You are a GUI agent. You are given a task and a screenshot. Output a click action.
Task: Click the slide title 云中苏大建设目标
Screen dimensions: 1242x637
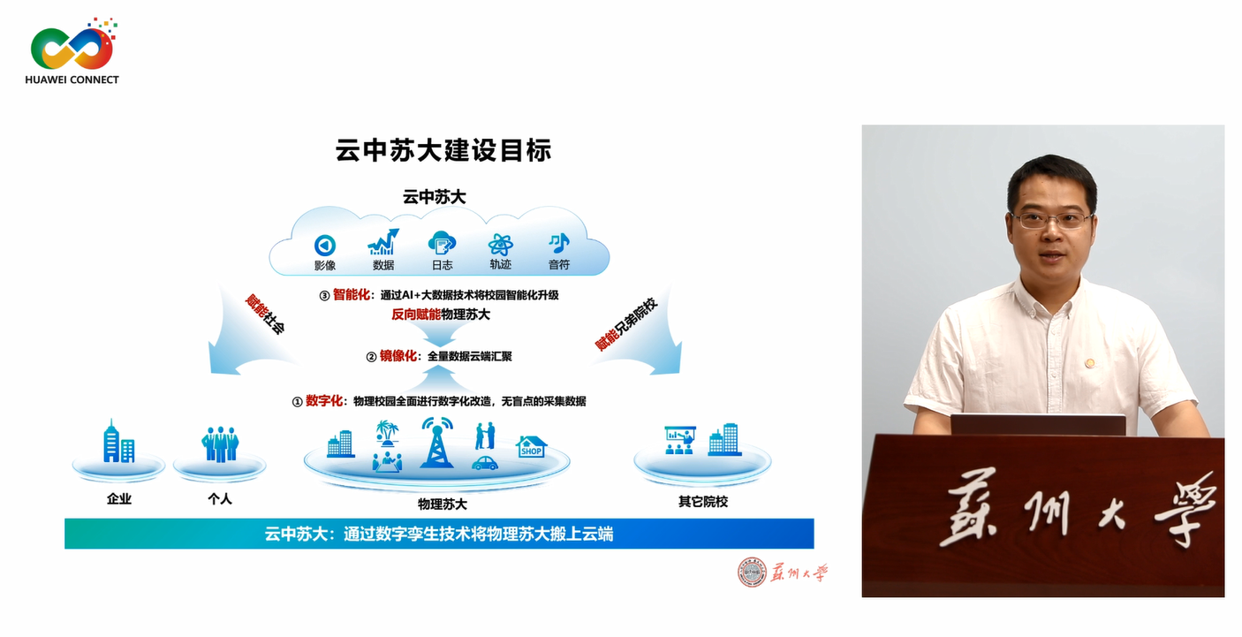443,150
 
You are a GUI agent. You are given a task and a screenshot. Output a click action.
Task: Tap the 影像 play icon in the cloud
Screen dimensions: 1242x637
325,245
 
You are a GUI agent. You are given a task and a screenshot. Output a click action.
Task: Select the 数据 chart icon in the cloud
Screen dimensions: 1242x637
383,242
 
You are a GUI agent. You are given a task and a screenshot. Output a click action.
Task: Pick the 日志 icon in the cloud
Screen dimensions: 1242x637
442,244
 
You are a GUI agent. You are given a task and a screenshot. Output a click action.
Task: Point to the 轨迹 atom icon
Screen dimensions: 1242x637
500,245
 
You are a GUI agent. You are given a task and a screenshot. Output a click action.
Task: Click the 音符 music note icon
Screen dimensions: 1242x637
559,243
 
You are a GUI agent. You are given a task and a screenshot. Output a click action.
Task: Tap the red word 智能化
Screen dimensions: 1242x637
351,294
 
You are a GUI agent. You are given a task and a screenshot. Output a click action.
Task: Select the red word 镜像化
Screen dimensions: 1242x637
398,356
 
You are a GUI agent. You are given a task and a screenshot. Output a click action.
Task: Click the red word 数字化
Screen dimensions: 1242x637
324,401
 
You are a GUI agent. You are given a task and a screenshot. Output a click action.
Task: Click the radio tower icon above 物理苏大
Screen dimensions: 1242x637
437,443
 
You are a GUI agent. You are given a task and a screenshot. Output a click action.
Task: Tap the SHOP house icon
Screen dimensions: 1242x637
531,447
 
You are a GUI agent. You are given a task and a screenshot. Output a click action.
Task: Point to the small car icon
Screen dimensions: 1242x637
485,463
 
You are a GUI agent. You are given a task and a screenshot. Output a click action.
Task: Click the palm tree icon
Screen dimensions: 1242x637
387,432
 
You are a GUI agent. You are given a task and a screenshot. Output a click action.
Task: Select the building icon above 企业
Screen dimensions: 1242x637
118,441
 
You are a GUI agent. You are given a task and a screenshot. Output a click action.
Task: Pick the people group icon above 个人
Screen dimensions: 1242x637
220,444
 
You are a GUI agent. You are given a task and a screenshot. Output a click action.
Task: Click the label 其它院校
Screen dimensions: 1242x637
703,502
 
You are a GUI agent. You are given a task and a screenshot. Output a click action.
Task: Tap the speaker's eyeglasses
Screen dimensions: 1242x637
1051,220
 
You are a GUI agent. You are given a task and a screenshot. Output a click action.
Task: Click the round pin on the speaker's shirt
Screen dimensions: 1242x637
1089,363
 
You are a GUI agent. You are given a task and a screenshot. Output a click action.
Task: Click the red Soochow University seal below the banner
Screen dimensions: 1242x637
752,573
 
